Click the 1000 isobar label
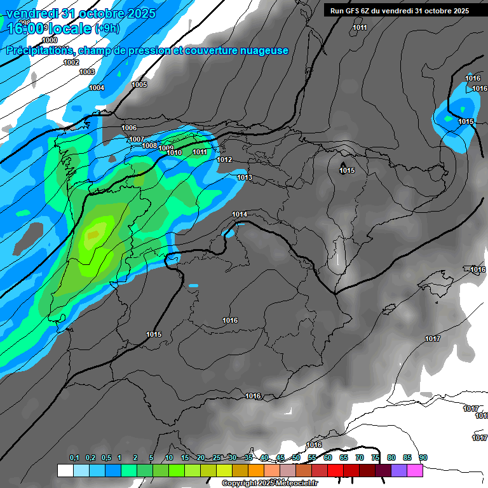pos(50,40)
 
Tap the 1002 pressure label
pos(71,62)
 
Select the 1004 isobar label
pos(97,88)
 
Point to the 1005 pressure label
pos(139,85)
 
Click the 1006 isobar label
pos(129,128)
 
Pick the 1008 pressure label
pos(149,146)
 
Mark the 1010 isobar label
pos(175,152)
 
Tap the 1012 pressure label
pos(224,159)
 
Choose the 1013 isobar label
pos(245,177)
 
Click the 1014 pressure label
pos(240,214)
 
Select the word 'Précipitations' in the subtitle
pos(36,50)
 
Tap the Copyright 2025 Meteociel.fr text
pos(269,483)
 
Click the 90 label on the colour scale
pos(423,457)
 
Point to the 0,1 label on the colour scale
pos(74,457)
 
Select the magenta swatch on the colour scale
pos(415,470)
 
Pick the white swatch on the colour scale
pos(65,470)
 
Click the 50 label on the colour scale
pos(296,457)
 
